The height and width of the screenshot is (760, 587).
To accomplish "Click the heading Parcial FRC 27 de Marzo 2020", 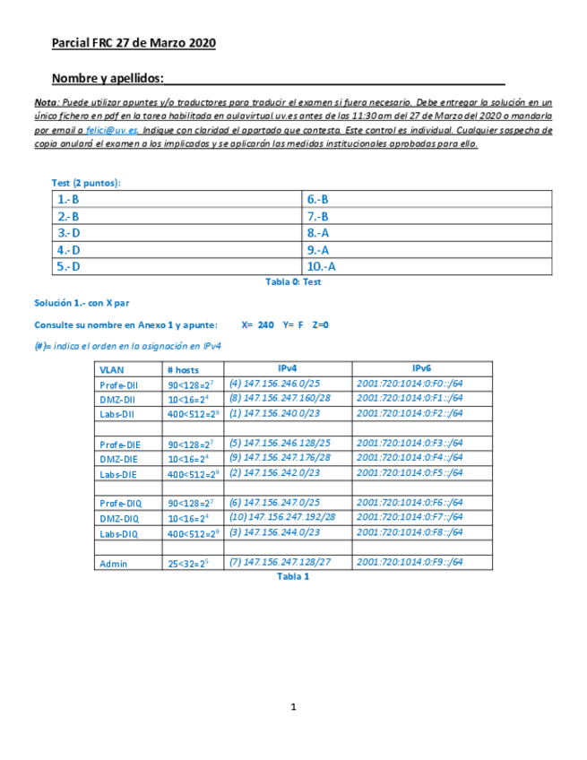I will (134, 43).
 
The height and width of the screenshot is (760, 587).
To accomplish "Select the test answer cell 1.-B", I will (68, 201).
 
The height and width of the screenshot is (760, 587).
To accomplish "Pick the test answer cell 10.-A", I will (321, 266).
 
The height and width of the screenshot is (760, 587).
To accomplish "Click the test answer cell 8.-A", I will (318, 233).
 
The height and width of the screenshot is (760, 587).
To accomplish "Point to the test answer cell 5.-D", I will (68, 266).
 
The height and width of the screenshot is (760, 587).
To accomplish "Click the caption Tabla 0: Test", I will (293, 281).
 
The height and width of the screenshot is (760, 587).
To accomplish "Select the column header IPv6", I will (421, 368).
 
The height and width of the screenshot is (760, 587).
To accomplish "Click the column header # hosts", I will (183, 369).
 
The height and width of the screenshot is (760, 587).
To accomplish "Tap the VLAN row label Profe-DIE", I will (119, 445).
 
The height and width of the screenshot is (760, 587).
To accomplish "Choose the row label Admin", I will (114, 564).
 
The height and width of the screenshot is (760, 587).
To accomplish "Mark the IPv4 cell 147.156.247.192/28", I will (282, 516).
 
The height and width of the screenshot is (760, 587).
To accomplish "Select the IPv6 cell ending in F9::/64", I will (410, 562).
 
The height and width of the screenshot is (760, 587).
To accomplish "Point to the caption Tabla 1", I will (293, 577).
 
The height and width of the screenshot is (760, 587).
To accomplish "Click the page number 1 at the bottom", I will (293, 707).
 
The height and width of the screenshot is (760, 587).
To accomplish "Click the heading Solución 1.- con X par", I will (82, 303).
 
